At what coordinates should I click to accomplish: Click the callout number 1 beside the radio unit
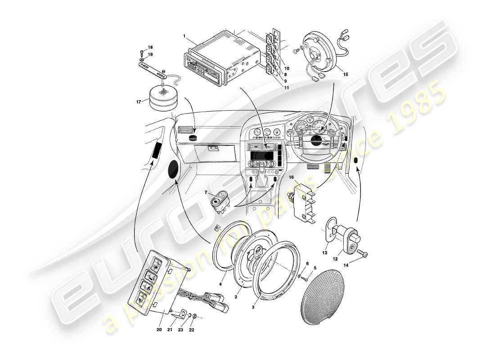coord(184,35)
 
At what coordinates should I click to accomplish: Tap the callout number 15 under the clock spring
coord(345,74)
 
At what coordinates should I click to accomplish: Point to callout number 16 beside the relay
coord(291,178)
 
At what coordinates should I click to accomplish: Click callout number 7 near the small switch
coord(206,193)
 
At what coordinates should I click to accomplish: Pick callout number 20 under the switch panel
coord(159,329)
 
